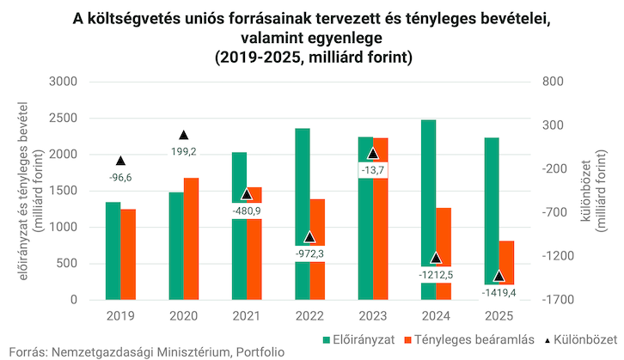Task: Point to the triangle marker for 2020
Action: click(x=183, y=135)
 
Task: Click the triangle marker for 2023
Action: click(x=372, y=153)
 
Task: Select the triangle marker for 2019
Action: click(x=120, y=161)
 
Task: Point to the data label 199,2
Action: click(x=183, y=151)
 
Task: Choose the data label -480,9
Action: click(x=247, y=210)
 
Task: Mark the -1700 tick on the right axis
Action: click(x=560, y=300)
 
